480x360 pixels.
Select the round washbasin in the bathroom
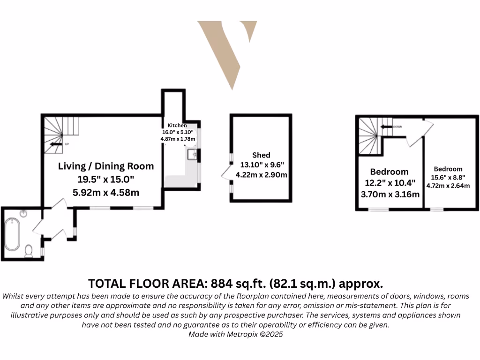pos(24,216)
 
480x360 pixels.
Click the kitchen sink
pos(192,154)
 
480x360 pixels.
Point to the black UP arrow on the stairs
pos(56,144)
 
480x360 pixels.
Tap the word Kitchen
pos(177,126)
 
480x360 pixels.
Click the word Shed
pos(261,155)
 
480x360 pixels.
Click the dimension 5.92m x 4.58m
pos(105,192)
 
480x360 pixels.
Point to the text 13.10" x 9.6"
pos(262,165)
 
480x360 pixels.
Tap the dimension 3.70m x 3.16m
pos(390,193)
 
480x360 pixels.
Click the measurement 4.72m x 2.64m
pos(448,186)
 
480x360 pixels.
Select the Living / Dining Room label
pos(105,166)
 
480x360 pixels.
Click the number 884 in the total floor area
pos(221,283)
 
